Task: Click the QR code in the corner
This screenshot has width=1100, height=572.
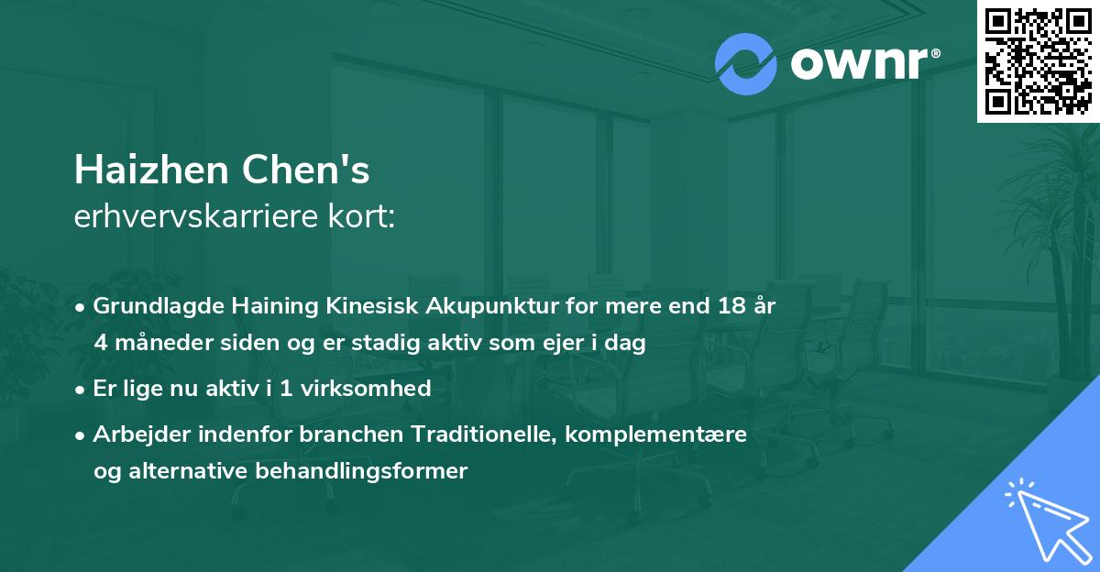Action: pyautogui.click(x=1039, y=60)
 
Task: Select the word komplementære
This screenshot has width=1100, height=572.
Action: pyautogui.click(x=657, y=434)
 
